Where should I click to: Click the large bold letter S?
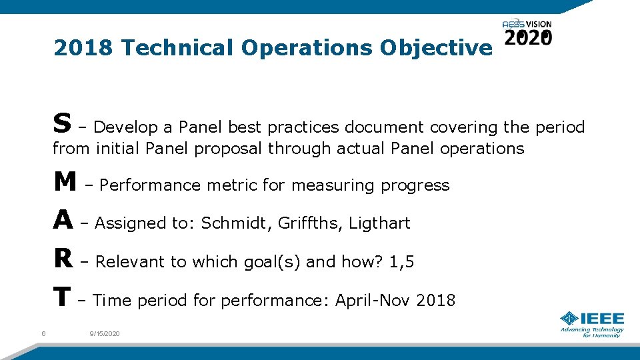[x=62, y=123]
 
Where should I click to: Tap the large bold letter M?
[x=65, y=181]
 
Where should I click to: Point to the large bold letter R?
[x=63, y=259]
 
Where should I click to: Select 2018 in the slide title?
[x=85, y=48]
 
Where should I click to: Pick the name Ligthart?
[x=380, y=223]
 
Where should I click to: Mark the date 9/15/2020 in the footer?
[x=105, y=333]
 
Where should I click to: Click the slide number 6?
[x=43, y=333]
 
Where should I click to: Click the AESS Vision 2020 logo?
[x=527, y=33]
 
